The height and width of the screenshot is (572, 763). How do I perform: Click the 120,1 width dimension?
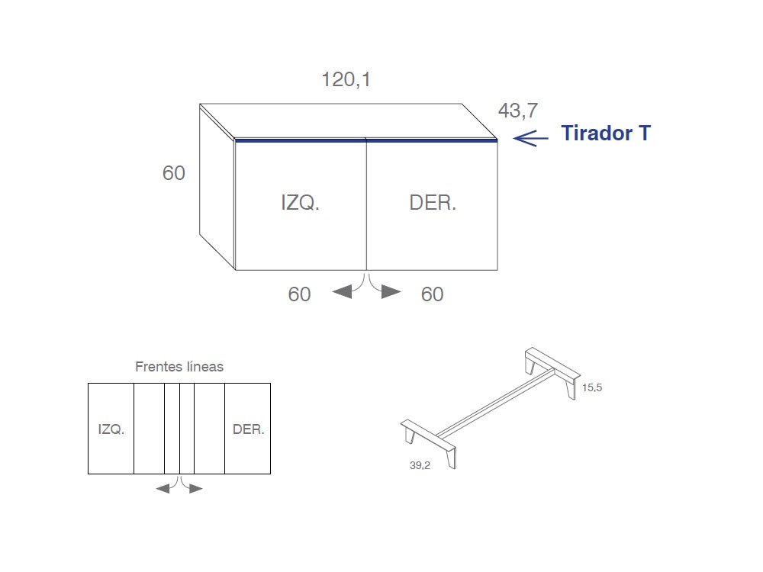[346, 79]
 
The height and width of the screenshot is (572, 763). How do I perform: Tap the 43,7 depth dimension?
[518, 111]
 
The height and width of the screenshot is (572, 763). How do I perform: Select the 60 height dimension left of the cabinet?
[174, 173]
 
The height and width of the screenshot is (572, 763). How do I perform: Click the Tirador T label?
[606, 133]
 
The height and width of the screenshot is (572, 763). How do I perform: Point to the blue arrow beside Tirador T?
[530, 137]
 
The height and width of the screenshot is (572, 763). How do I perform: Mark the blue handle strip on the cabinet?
[366, 140]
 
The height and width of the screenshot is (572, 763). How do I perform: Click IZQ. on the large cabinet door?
[300, 203]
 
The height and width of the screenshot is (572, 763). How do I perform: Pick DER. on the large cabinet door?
[433, 203]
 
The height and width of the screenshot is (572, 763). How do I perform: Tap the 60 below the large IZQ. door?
[299, 294]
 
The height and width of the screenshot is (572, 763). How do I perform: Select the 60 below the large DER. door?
[432, 294]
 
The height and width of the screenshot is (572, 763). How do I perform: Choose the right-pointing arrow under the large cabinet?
[391, 291]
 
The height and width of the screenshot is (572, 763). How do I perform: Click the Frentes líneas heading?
[179, 367]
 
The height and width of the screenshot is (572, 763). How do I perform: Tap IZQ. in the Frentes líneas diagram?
[111, 429]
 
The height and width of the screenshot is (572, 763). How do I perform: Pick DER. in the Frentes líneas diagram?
[249, 429]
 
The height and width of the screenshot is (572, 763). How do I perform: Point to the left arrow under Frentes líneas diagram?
[163, 488]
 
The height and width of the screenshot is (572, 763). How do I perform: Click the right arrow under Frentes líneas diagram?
[196, 488]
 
